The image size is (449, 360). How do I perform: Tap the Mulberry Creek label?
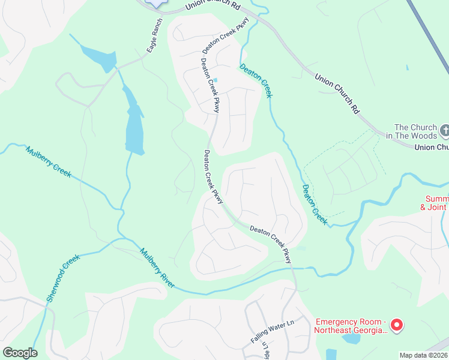pyautogui.click(x=48, y=161)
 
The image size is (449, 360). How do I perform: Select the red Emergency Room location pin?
pyautogui.click(x=396, y=325)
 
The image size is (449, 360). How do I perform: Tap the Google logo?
pyautogui.click(x=20, y=353)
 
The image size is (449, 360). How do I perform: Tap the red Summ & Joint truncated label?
pyautogui.click(x=436, y=203)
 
